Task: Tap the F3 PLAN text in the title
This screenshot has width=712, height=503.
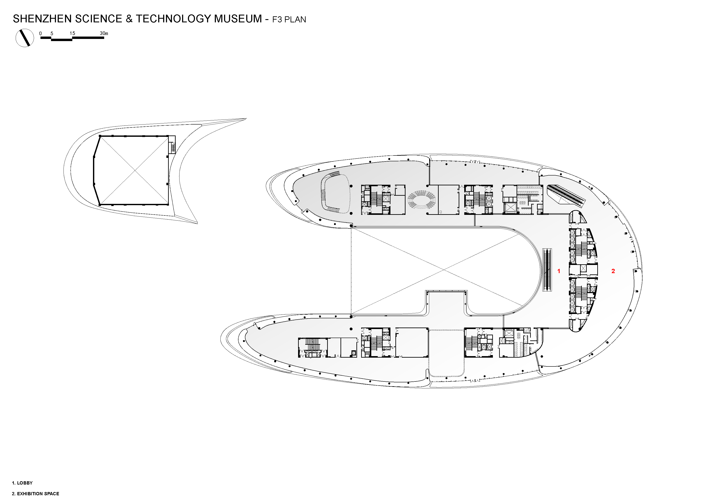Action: click(289, 20)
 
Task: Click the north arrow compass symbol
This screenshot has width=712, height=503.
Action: click(25, 38)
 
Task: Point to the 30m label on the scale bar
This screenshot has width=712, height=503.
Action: click(104, 33)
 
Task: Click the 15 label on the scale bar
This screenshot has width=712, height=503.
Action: click(72, 33)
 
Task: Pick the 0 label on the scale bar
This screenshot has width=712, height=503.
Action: click(40, 33)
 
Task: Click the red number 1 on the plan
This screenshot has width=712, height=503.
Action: click(559, 271)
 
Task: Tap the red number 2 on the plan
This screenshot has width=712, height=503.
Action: click(613, 271)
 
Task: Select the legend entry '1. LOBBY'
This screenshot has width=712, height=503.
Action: click(22, 483)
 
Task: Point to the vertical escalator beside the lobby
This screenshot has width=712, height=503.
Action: click(547, 270)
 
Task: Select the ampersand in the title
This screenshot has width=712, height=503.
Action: click(129, 19)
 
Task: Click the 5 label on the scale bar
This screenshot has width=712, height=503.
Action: click(52, 33)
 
